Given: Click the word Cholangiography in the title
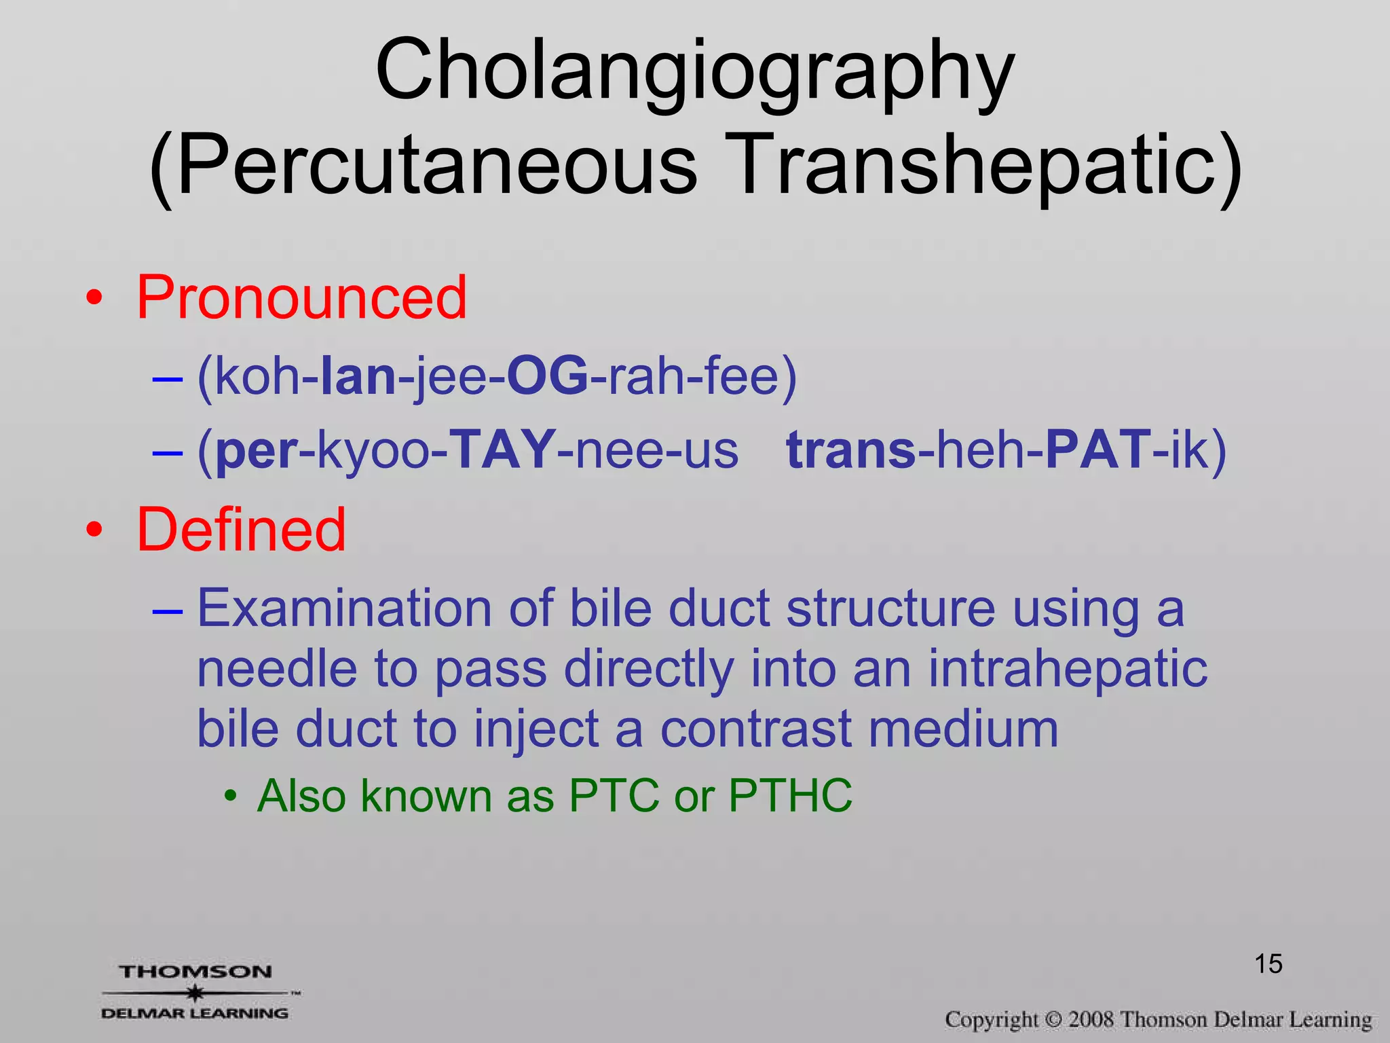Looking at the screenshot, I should click(x=694, y=71).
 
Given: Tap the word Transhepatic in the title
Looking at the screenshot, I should click(x=984, y=166).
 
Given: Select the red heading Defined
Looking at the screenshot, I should click(x=242, y=530).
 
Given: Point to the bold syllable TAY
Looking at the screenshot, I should click(x=502, y=450).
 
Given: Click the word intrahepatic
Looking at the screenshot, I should click(x=1068, y=669).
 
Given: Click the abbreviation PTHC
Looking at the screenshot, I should click(x=790, y=795).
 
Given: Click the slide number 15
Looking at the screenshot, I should click(x=1268, y=964).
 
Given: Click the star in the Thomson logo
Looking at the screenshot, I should click(x=195, y=993).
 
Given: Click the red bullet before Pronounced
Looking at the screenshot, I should click(x=94, y=298).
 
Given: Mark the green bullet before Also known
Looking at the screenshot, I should click(x=231, y=796).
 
